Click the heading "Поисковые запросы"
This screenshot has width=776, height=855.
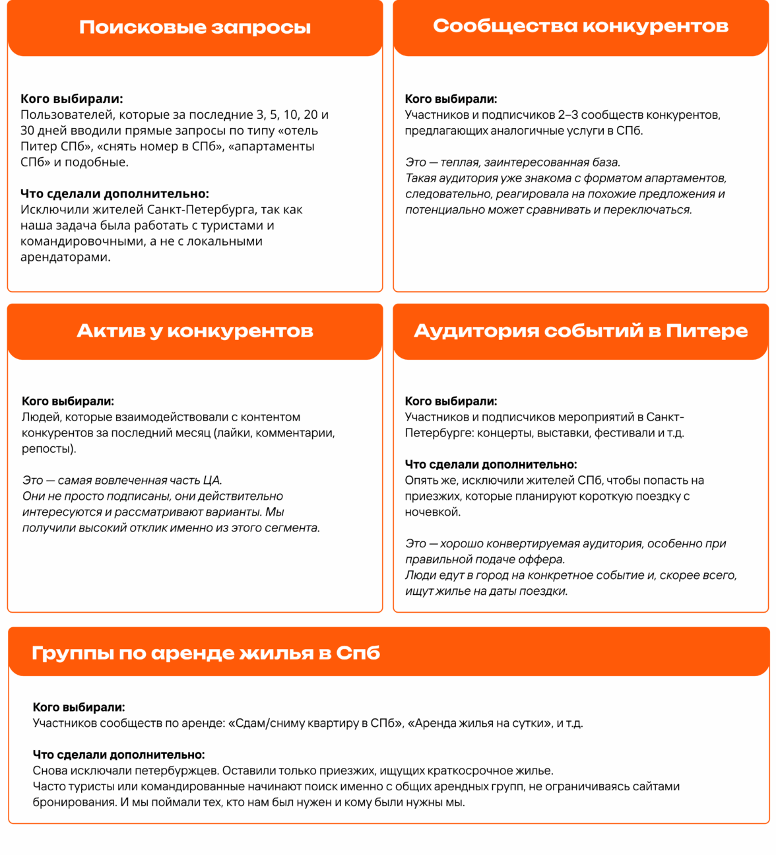click(x=195, y=27)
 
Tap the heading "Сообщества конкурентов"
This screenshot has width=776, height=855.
click(x=581, y=26)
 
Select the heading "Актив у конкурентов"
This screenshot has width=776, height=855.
click(x=195, y=331)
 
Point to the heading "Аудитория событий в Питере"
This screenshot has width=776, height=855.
click(x=581, y=331)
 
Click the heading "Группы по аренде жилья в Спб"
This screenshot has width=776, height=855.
click(x=206, y=653)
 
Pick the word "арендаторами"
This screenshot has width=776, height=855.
click(x=64, y=257)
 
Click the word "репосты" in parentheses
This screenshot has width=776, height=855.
click(x=47, y=449)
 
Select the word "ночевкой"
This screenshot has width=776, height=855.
click(x=432, y=512)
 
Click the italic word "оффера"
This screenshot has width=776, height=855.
click(x=543, y=560)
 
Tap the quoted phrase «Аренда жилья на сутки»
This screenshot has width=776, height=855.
click(x=480, y=723)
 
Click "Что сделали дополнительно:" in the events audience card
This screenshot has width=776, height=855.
click(x=491, y=465)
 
